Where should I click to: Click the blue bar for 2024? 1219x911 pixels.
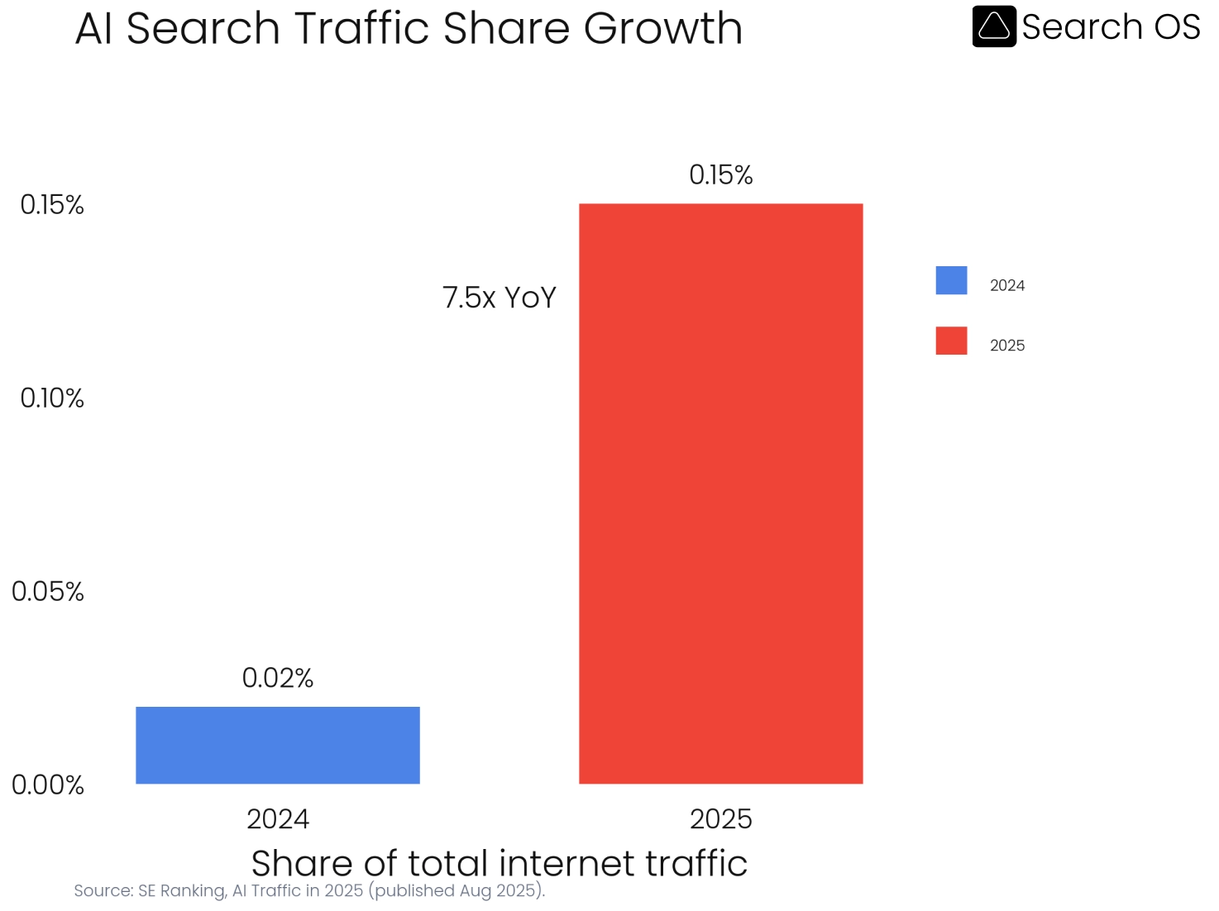pos(277,745)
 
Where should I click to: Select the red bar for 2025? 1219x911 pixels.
pos(720,494)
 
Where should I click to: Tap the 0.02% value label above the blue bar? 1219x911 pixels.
pos(277,678)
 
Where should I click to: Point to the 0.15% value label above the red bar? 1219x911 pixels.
pos(720,174)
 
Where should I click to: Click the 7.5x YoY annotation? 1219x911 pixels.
pos(499,298)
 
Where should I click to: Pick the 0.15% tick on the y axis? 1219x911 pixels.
pos(52,204)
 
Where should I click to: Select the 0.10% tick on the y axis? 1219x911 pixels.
pos(52,398)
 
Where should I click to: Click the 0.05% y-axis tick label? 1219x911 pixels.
pos(48,591)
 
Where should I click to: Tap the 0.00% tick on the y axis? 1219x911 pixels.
pos(48,785)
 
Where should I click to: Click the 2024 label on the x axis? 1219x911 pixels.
pos(277,818)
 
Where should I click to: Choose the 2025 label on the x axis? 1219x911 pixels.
pos(720,818)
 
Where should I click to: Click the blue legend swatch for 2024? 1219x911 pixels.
pos(951,280)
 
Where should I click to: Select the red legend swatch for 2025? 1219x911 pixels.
pos(951,341)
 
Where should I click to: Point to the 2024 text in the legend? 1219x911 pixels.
pos(1006,286)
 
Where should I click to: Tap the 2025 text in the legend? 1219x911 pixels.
pos(1006,346)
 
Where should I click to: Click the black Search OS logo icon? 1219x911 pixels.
pos(993,26)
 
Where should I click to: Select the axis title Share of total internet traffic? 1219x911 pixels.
pos(499,863)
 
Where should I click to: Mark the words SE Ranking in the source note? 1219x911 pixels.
pos(182,890)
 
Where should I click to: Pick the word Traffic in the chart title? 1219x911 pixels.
pos(361,28)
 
